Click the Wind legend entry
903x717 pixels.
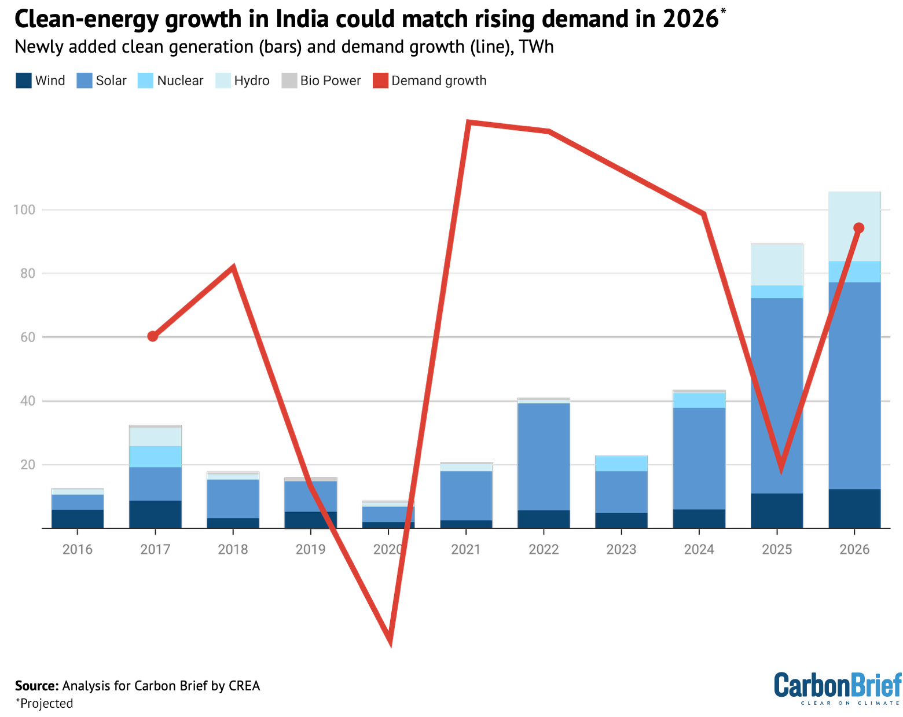click(x=41, y=80)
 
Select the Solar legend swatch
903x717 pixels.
click(x=84, y=80)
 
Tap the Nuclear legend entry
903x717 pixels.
click(x=171, y=80)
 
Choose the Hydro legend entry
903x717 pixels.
click(x=243, y=80)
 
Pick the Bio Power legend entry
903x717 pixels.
click(x=321, y=80)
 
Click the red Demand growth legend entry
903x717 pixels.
click(x=430, y=80)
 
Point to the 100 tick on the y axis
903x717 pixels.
click(x=24, y=209)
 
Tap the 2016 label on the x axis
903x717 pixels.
click(x=78, y=549)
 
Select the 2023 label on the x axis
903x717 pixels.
click(x=621, y=549)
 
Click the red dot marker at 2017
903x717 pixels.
click(x=152, y=336)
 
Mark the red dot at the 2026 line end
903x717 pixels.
click(x=859, y=228)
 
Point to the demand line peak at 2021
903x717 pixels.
click(x=469, y=123)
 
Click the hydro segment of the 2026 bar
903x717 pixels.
click(x=854, y=226)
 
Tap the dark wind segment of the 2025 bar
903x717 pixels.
click(x=777, y=510)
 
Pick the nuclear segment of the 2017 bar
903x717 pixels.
click(x=155, y=457)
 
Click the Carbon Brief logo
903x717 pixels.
click(x=837, y=687)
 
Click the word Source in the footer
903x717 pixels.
click(x=36, y=686)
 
